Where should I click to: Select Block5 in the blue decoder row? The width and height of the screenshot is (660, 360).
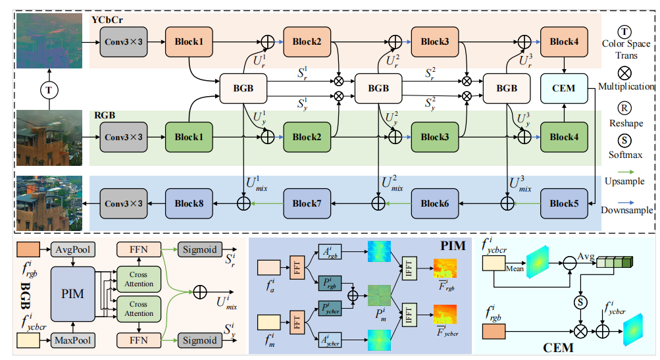563,203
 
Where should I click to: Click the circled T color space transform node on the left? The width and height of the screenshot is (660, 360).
47,88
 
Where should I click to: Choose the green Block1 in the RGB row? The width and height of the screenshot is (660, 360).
188,137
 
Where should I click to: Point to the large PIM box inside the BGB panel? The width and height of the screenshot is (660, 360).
72,294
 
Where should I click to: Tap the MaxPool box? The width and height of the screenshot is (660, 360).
72,340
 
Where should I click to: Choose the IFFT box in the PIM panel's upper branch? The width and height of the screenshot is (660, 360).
412,270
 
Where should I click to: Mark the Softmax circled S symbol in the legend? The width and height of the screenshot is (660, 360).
626,140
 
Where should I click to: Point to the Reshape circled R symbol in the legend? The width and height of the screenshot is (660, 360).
626,107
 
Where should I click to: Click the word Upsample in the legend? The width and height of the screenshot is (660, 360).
626,181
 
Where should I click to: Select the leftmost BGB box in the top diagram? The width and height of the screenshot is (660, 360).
243,88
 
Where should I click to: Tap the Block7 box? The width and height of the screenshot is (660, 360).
307,203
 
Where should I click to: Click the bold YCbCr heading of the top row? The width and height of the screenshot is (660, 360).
109,22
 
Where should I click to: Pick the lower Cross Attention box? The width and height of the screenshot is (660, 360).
139,309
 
